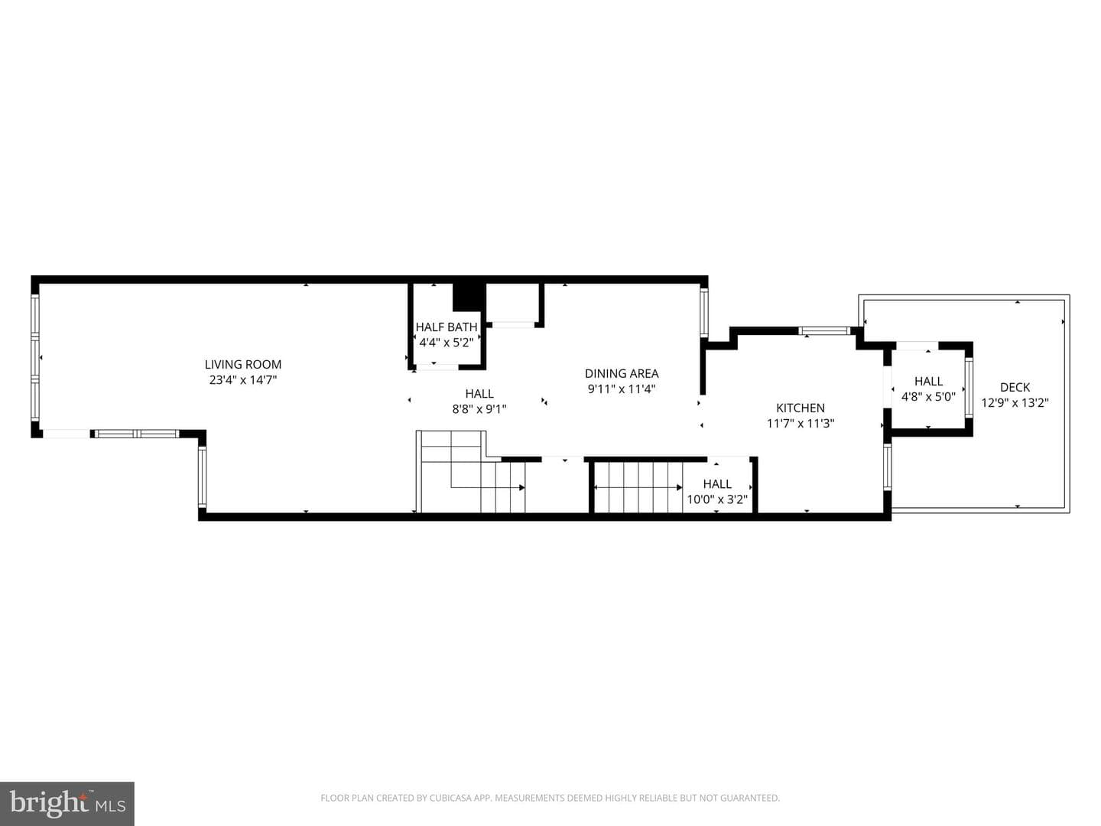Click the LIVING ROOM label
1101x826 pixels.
[243, 365]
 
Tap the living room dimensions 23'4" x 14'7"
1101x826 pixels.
[243, 379]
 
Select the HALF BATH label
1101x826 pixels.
[447, 327]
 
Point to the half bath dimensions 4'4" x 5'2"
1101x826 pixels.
[447, 343]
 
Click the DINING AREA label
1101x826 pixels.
[622, 374]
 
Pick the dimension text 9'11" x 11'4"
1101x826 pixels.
[622, 389]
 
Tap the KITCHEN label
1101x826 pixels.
[800, 408]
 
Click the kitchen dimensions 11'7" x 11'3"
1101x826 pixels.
[800, 423]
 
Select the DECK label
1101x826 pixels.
[1015, 387]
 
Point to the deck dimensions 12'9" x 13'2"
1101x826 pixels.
[1015, 402]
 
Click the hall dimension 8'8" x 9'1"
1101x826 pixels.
[479, 408]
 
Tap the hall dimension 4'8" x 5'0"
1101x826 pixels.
[928, 396]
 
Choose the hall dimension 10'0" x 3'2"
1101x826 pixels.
[716, 499]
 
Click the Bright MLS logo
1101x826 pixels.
[67, 803]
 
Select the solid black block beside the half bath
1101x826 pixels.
[469, 297]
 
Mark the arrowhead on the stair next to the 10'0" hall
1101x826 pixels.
[679, 487]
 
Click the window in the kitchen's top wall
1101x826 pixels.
[823, 330]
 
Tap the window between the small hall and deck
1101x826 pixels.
[969, 387]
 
